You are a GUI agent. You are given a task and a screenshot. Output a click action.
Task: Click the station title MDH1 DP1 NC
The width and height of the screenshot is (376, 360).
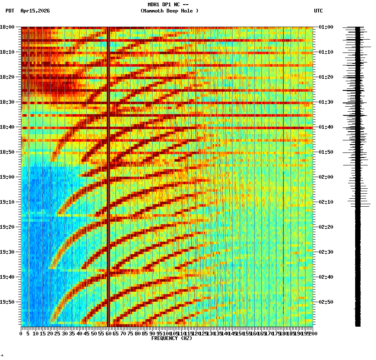169,5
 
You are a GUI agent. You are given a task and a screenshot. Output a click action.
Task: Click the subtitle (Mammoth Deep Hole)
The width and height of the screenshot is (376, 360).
169,11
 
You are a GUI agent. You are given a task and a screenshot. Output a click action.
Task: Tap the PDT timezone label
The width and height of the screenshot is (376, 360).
10,11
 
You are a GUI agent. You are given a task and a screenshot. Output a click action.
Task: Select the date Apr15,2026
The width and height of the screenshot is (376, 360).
35,11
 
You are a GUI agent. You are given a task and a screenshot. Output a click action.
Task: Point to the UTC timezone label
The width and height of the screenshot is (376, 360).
318,11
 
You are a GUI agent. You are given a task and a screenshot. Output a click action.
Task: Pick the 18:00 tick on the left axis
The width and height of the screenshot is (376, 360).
8,27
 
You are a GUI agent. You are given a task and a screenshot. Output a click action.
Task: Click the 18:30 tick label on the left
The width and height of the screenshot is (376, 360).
8,102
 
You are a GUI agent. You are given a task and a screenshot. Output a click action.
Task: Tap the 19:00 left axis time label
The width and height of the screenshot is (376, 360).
8,177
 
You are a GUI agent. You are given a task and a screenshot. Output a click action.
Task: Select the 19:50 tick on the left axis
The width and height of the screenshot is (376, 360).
8,302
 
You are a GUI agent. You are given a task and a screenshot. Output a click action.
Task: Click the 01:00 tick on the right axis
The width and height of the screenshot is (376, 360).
326,27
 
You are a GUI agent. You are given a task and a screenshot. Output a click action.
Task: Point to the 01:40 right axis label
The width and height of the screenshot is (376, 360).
326,127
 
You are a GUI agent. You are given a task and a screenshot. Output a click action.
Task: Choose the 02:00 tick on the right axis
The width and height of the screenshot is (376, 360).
326,177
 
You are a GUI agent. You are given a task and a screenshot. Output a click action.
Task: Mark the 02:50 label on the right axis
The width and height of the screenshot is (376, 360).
326,302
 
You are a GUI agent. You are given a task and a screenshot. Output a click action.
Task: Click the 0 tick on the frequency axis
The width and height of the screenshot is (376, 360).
21,333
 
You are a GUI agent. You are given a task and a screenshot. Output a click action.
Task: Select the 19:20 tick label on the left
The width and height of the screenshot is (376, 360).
8,227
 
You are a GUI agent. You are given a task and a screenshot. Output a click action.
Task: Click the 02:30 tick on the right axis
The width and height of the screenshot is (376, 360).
326,252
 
